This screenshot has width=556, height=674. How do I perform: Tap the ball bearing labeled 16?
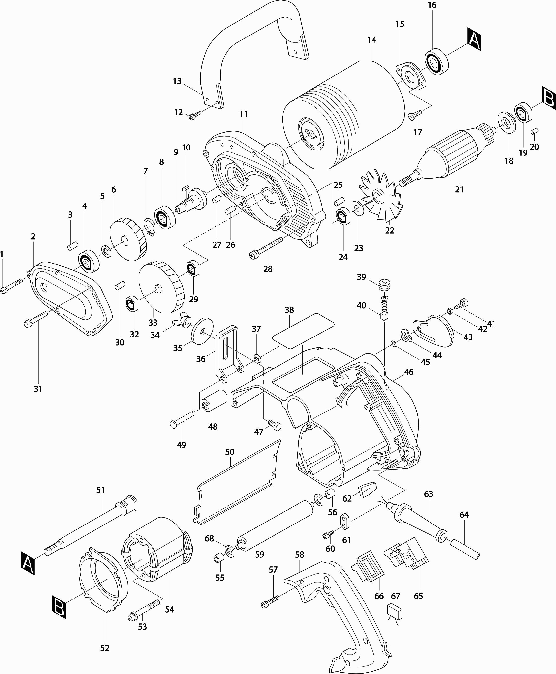(436, 62)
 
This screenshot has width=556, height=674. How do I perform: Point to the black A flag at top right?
(474, 39)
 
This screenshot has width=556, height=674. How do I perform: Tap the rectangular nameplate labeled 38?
(303, 331)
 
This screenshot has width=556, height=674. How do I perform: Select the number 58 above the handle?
(300, 554)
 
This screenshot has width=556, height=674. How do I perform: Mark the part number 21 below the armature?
(459, 189)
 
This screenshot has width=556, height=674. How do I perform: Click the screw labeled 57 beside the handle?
(270, 601)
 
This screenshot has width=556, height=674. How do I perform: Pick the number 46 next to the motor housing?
(409, 372)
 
